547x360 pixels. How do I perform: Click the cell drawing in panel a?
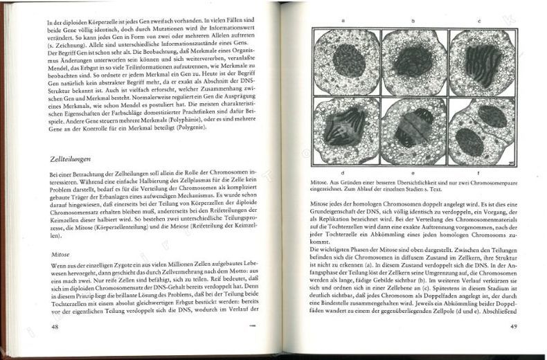(x=346, y=62)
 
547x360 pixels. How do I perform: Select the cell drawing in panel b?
(x=414, y=62)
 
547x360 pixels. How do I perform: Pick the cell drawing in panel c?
(x=483, y=62)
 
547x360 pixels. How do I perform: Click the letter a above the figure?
(x=343, y=21)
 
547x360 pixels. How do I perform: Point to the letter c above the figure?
(x=479, y=21)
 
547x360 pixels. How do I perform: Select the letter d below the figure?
(x=344, y=171)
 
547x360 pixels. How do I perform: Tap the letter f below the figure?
(x=479, y=171)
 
